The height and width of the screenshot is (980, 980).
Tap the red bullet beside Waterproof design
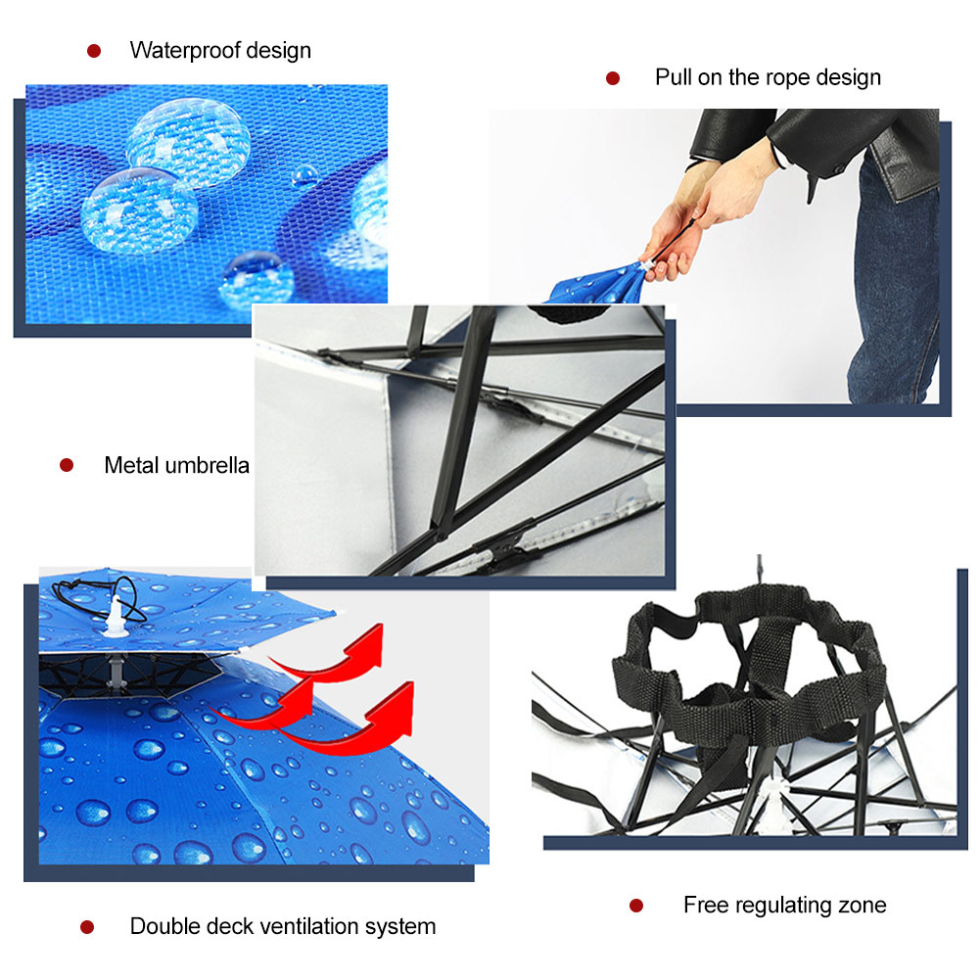coord(94,51)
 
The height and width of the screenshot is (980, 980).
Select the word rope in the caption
coord(787,78)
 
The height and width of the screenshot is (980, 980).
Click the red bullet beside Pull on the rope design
coord(613,78)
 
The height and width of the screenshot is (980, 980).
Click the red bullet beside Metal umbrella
coord(67,465)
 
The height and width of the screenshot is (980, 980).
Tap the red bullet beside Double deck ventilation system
coord(87,927)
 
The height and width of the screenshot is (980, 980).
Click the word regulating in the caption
coord(784,906)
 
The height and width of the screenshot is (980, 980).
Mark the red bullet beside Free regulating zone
coord(636,905)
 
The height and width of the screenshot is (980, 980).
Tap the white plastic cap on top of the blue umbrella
coord(116,618)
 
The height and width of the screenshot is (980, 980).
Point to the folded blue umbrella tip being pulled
coord(597,287)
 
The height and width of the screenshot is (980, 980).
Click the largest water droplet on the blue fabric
coord(188,143)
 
